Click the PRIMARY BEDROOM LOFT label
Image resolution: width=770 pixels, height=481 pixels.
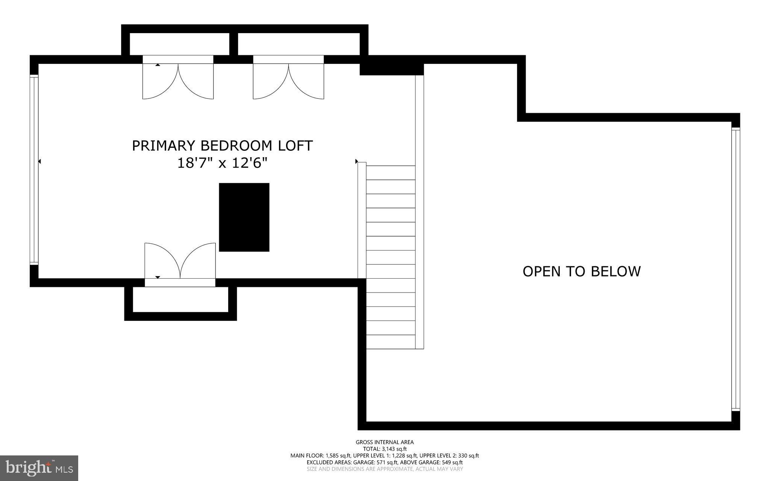pos(222,146)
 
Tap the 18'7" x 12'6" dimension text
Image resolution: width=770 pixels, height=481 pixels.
pos(222,163)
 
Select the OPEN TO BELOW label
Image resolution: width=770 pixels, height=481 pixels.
pos(581,272)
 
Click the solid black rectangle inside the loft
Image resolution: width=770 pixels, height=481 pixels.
pos(244,217)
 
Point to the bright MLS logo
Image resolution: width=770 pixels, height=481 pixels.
pos(39,468)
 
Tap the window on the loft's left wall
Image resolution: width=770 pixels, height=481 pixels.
pos(34,169)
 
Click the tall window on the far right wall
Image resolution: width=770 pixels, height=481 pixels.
pos(735,269)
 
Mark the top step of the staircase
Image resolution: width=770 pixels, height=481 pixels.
pos(391,173)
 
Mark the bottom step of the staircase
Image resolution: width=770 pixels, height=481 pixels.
pos(391,342)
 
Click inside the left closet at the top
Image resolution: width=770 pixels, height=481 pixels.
pos(179,44)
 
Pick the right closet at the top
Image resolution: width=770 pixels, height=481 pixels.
pos(299,44)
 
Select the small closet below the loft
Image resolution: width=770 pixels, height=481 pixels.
pos(180,299)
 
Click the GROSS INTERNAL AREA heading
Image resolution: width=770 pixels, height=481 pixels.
pos(385,442)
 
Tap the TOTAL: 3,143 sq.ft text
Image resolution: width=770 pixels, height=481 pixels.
pos(385,449)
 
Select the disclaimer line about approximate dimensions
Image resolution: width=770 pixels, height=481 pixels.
pos(385,469)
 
